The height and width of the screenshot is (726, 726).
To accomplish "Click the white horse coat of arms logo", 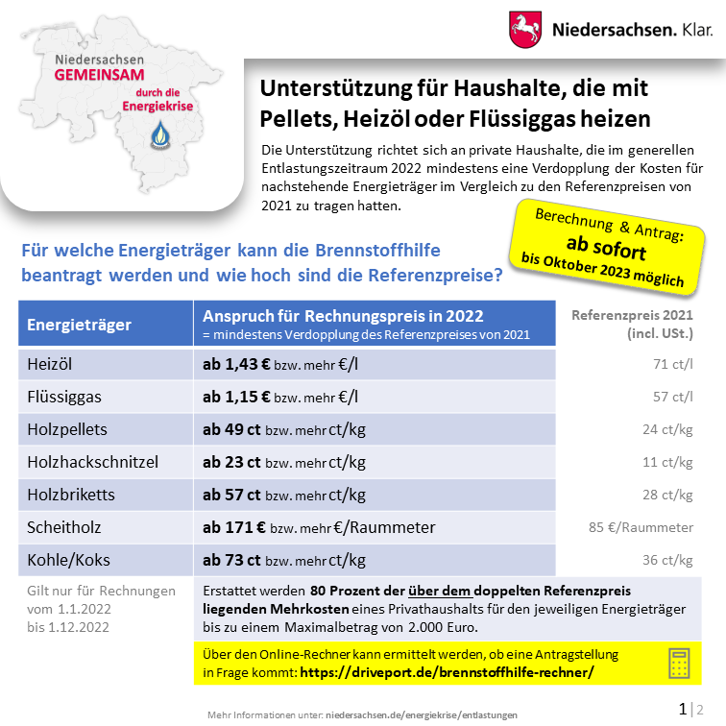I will tap(525, 30).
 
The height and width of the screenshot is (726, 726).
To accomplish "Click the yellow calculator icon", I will tap(680, 663).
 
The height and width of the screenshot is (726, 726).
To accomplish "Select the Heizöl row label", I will tap(50, 364).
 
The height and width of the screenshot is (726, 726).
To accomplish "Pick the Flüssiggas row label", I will tap(64, 397).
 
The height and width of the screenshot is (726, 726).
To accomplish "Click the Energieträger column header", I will tap(79, 325).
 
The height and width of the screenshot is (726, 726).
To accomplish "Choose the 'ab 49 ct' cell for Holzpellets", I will tap(231, 429).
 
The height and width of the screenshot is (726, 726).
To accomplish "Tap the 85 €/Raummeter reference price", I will tap(641, 527).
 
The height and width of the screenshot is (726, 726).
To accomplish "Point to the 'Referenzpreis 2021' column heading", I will tap(631, 315).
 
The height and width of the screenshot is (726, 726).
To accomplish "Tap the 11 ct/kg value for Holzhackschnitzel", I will tap(667, 462).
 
